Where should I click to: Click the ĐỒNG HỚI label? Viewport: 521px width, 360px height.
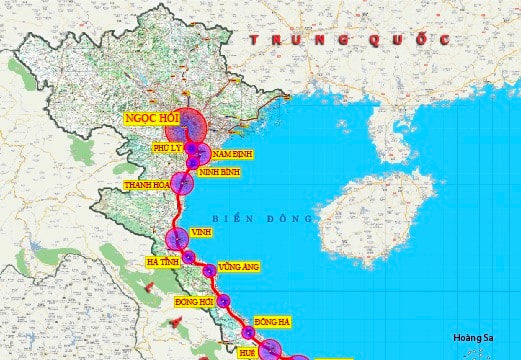pos(193,301)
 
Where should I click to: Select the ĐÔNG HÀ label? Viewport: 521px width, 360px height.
pos(272,321)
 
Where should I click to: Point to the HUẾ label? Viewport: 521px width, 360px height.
pos(248,352)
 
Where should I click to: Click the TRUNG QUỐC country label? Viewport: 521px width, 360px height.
pos(349,39)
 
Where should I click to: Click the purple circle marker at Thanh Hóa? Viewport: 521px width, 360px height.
pos(181,183)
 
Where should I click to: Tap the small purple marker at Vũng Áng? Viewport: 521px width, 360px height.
pos(209,270)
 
